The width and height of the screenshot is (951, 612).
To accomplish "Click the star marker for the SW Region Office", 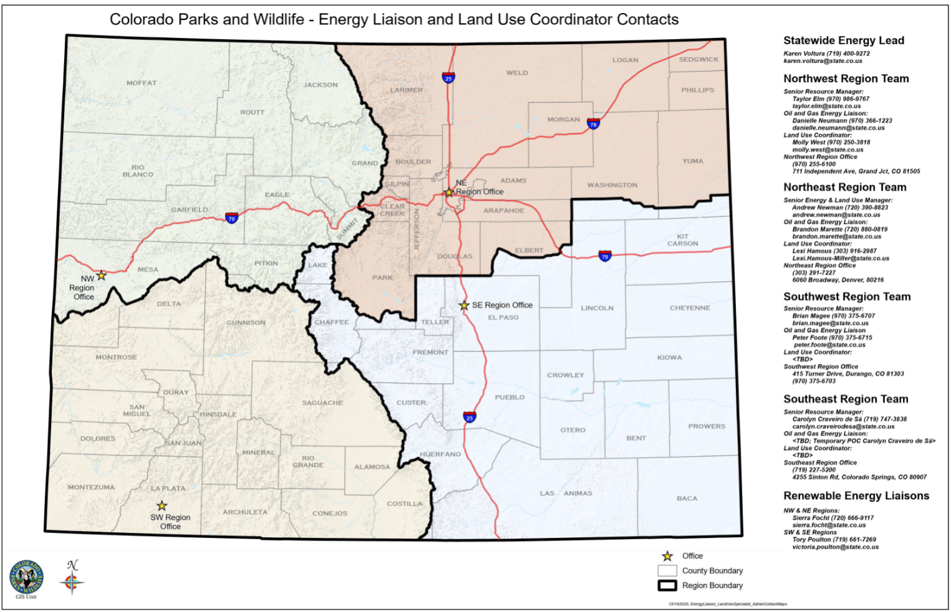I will pos(162,505).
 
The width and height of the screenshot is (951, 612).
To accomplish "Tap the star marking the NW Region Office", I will pos(101,275).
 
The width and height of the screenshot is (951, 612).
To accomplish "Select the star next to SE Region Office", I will pos(464,305).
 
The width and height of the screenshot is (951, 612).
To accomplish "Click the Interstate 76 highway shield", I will pos(593,123).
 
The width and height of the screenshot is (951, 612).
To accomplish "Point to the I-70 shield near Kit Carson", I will pos(605,256).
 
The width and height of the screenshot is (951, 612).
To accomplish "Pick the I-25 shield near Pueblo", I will pos(469,417).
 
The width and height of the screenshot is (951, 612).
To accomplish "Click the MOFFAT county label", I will pos(141,83).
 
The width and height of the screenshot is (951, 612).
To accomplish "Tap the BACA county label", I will pos(687,499).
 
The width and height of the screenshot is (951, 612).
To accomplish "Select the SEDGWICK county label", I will pos(699,60).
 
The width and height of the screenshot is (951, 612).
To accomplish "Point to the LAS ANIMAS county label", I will pos(566,494).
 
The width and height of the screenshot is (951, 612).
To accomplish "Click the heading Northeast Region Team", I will pos(844,187).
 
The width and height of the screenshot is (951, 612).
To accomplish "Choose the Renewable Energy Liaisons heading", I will pos(856,496).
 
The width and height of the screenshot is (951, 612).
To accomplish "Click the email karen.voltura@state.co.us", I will pos(823,61).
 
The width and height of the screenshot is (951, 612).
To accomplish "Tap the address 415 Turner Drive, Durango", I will pos(848,374).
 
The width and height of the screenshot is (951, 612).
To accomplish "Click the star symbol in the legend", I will pos(667,556).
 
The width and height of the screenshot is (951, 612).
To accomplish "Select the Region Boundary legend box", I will pos(667,585).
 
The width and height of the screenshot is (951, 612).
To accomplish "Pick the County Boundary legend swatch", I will pos(667,570).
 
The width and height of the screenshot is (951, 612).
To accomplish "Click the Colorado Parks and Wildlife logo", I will pos(26,576).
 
